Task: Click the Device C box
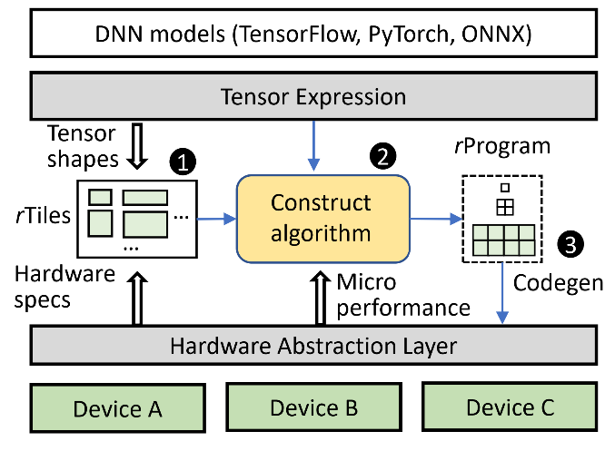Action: [510, 407]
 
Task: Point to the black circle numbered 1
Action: [184, 163]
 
